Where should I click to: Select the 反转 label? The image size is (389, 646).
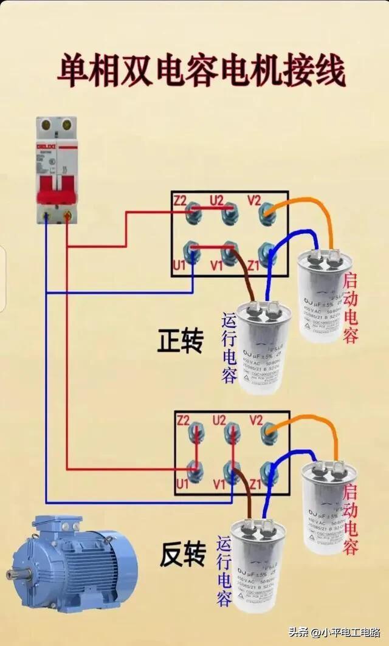coord(182,554)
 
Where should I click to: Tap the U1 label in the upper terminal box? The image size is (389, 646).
coord(179,266)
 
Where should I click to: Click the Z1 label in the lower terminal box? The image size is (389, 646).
coord(255,484)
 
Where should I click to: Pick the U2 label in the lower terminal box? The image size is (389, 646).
coord(219,420)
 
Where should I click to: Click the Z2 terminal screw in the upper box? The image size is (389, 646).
coord(194,210)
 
